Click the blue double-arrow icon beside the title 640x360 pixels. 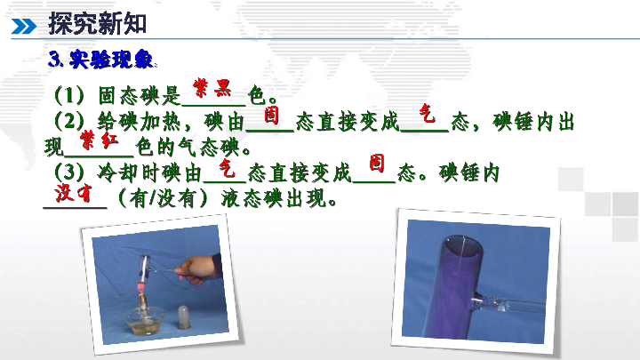click(x=24, y=26)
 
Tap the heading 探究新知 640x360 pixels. click(x=97, y=23)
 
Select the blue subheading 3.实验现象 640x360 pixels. click(x=100, y=60)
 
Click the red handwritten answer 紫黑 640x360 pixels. click(x=212, y=87)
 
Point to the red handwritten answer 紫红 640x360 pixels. click(x=100, y=140)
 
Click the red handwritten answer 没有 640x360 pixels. click(x=73, y=192)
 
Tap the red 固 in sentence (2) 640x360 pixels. click(x=271, y=115)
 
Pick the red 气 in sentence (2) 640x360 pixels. click(x=427, y=113)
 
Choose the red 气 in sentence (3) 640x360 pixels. click(x=227, y=167)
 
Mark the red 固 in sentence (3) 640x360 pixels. click(x=377, y=163)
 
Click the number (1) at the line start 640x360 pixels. click(x=69, y=95)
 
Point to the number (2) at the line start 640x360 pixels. click(x=69, y=121)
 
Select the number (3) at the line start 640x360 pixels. click(x=69, y=172)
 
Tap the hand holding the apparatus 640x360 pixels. click(x=199, y=269)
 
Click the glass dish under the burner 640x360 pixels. click(x=145, y=320)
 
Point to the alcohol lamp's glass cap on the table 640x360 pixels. click(x=184, y=317)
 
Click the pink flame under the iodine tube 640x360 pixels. click(x=141, y=287)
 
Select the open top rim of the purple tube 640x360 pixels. click(x=464, y=245)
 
